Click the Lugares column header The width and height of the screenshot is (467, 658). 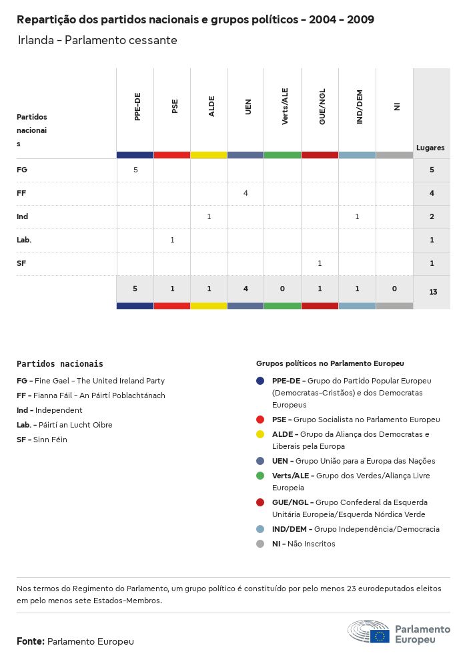click(x=430, y=148)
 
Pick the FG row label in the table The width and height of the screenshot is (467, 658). click(x=22, y=170)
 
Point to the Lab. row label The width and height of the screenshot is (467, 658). click(x=24, y=240)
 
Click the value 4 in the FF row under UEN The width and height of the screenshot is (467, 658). click(x=246, y=193)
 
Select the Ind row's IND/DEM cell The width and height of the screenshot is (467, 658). click(x=357, y=216)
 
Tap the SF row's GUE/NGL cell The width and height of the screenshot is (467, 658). click(x=320, y=263)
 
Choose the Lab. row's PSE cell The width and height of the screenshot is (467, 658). click(x=172, y=240)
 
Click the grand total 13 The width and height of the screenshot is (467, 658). click(x=432, y=292)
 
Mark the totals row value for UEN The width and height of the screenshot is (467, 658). click(x=246, y=289)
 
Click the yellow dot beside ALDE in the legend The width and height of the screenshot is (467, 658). click(x=260, y=434)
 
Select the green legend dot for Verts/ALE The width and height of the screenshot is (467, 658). click(x=260, y=476)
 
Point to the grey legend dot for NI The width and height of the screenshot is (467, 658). click(x=260, y=544)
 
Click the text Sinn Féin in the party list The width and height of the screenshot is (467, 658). click(x=51, y=440)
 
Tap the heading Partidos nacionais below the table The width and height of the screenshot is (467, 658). click(x=60, y=364)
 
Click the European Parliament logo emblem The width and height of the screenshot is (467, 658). click(x=368, y=631)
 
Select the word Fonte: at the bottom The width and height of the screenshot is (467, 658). click(x=31, y=641)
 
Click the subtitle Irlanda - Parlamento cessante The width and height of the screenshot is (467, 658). click(x=97, y=40)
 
